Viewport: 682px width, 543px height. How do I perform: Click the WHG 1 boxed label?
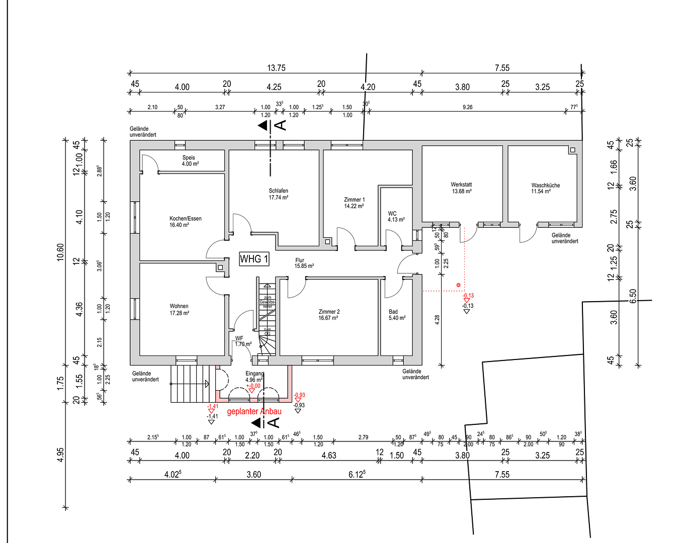pyautogui.click(x=254, y=259)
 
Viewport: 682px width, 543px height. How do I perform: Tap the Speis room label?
pyautogui.click(x=190, y=160)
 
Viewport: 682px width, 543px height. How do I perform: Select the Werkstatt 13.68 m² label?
pyautogui.click(x=461, y=188)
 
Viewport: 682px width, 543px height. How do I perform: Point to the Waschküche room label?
pyautogui.click(x=545, y=188)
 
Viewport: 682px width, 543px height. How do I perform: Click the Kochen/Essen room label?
pyautogui.click(x=185, y=222)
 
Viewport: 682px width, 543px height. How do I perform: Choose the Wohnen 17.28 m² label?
pyautogui.click(x=179, y=309)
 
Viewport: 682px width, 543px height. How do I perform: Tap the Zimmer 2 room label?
pyautogui.click(x=329, y=315)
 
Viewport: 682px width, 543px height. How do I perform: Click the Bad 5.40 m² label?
pyautogui.click(x=397, y=315)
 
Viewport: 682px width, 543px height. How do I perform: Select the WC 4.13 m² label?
pyautogui.click(x=396, y=217)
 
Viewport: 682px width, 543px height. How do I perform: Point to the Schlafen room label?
pyautogui.click(x=278, y=194)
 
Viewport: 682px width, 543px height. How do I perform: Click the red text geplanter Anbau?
pyautogui.click(x=254, y=411)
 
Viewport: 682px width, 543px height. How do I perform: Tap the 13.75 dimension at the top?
pyautogui.click(x=276, y=68)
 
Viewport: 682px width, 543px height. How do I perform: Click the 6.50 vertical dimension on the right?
pyautogui.click(x=633, y=296)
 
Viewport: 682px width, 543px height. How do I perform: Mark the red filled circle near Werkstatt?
pyautogui.click(x=458, y=285)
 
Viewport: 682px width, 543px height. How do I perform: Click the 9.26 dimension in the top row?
pyautogui.click(x=467, y=107)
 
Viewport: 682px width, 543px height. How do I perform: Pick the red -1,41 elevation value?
pyautogui.click(x=213, y=406)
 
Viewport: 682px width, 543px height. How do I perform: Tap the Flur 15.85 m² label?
pyautogui.click(x=304, y=263)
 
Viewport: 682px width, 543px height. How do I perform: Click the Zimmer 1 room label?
pyautogui.click(x=354, y=203)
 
